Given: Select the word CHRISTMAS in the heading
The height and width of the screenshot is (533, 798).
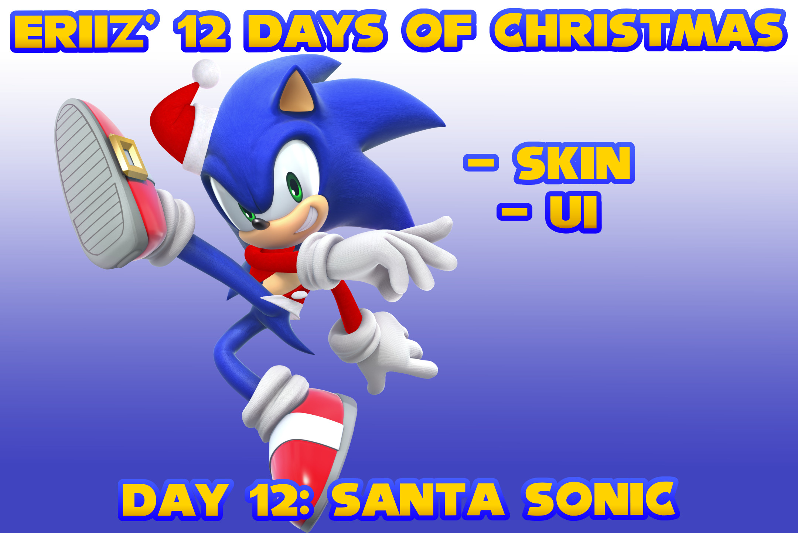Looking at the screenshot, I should [638, 31].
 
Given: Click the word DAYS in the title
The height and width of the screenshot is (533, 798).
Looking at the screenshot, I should [316, 32].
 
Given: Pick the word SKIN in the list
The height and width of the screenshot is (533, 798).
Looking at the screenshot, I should [574, 163].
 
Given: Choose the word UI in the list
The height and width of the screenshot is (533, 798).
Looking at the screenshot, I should [573, 212].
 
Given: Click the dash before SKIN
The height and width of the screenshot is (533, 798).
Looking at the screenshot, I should [481, 163].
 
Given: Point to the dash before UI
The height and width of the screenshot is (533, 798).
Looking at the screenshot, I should [514, 211].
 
